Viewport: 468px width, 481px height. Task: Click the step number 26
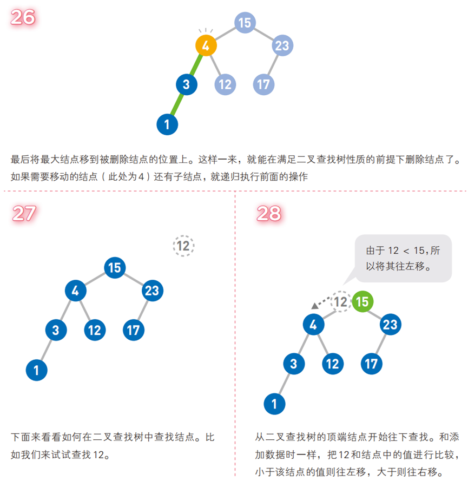[23, 17]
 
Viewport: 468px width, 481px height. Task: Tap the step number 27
[24, 214]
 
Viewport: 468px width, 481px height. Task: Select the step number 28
[269, 214]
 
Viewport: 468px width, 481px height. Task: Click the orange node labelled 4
[206, 46]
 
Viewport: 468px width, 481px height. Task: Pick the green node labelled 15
[362, 301]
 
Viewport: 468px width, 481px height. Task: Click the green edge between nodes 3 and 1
[176, 104]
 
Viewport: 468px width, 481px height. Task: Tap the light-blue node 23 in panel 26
[282, 45]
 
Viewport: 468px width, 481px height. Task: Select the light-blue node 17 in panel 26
[263, 84]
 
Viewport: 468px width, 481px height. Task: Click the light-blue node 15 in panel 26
[245, 22]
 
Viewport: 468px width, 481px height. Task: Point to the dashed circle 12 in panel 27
[183, 246]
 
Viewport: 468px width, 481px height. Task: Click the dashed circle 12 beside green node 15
[340, 301]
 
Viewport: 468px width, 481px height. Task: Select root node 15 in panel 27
[114, 267]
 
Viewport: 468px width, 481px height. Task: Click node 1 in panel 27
[37, 370]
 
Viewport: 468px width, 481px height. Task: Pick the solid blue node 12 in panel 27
[95, 330]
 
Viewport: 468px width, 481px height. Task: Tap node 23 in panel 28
[390, 325]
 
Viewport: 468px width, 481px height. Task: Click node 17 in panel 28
[371, 364]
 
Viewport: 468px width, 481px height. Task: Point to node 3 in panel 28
[294, 364]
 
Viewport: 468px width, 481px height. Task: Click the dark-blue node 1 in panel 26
[167, 125]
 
